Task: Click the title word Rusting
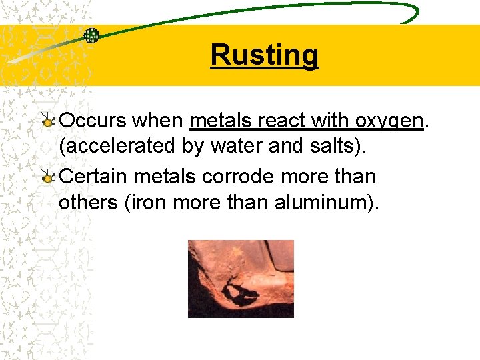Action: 265,55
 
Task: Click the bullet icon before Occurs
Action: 47,121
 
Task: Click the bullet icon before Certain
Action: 47,177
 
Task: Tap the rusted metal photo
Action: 241,279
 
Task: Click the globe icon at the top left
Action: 91,35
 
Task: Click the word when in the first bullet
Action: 158,121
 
